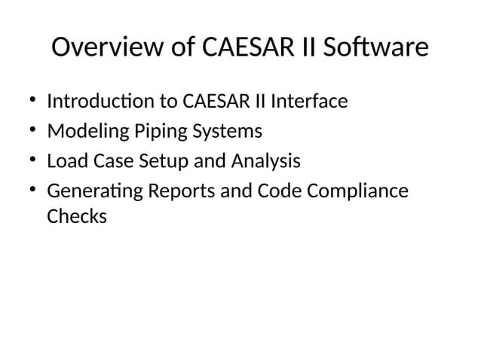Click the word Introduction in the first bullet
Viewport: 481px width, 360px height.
(99, 101)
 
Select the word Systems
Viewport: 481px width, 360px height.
(224, 132)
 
